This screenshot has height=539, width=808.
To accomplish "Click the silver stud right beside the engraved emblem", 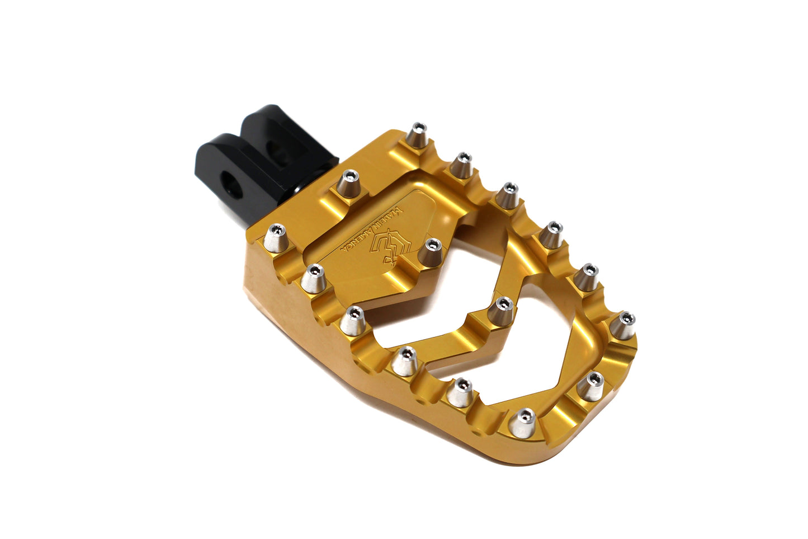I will click(x=431, y=252).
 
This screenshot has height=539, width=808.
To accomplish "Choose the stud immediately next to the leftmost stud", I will click(x=314, y=277).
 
